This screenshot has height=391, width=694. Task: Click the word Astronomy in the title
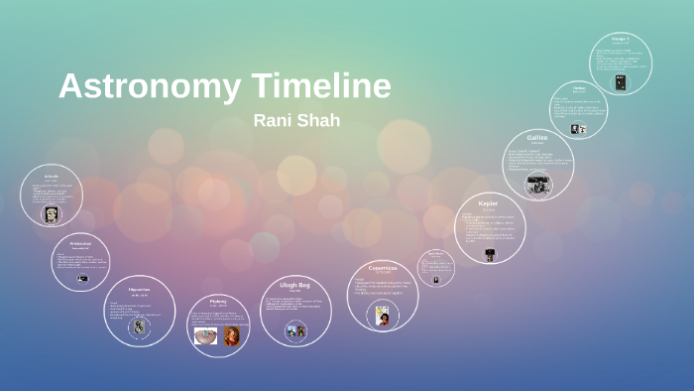pyautogui.click(x=149, y=86)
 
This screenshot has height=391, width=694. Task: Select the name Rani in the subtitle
pyautogui.click(x=272, y=120)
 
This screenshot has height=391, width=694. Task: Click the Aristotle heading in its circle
pyautogui.click(x=51, y=176)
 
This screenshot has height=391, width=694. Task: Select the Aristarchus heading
pyautogui.click(x=80, y=242)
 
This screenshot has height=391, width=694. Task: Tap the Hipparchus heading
pyautogui.click(x=139, y=290)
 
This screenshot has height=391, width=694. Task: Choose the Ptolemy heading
pyautogui.click(x=219, y=300)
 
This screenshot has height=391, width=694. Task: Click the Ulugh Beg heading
pyautogui.click(x=294, y=285)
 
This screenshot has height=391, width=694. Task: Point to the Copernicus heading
pyautogui.click(x=382, y=267)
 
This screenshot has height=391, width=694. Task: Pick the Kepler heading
pyautogui.click(x=488, y=203)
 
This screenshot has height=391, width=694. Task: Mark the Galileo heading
pyautogui.click(x=537, y=138)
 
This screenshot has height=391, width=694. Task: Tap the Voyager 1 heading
pyautogui.click(x=621, y=40)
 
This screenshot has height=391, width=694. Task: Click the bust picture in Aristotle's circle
pyautogui.click(x=51, y=213)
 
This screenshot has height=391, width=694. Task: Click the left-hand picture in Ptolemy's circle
pyautogui.click(x=206, y=334)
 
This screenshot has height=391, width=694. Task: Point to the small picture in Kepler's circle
pyautogui.click(x=490, y=254)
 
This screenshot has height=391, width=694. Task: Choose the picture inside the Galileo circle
pyautogui.click(x=537, y=184)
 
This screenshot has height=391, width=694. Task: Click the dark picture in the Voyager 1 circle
pyautogui.click(x=621, y=82)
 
